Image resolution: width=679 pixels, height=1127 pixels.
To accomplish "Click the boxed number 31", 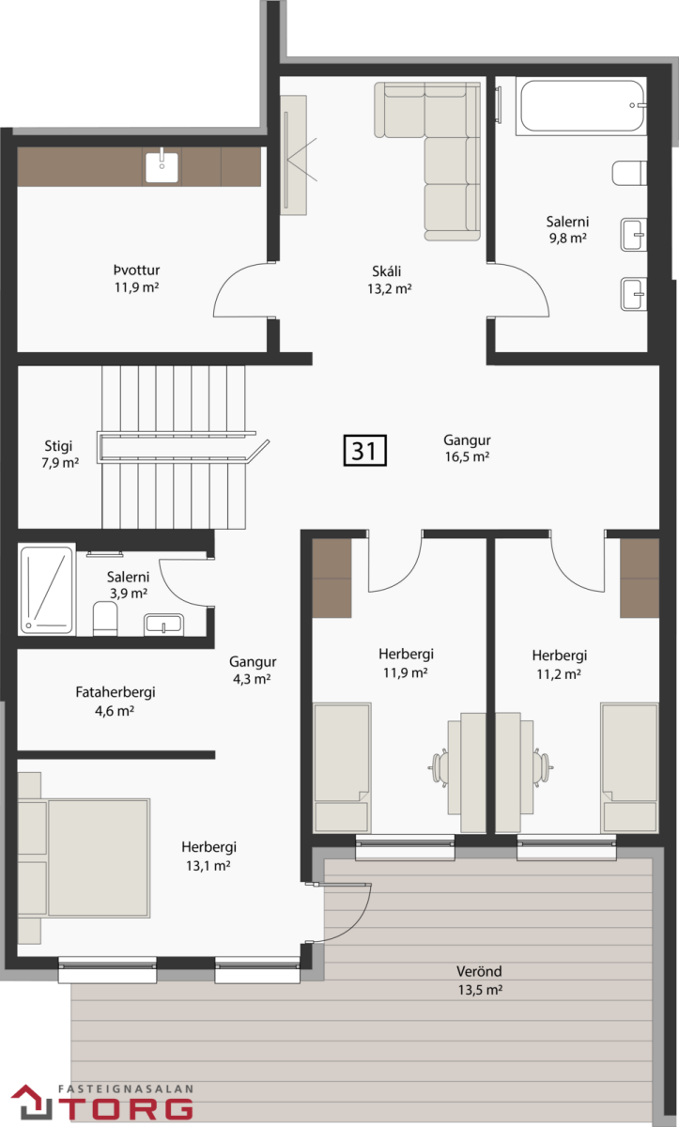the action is [364, 450].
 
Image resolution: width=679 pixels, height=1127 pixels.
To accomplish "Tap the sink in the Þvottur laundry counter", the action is [162, 167].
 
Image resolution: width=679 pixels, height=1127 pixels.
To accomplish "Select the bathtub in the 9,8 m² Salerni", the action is [581, 106].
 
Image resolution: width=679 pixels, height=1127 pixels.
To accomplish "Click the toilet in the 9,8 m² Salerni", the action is [629, 173].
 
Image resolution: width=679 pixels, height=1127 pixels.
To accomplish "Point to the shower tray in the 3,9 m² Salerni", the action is [47, 589].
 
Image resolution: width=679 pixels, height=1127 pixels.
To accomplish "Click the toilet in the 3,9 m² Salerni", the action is [105, 619].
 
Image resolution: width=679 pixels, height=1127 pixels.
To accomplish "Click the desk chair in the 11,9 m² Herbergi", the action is [439, 767].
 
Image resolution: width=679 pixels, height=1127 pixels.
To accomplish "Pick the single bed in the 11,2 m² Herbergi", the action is [629, 767].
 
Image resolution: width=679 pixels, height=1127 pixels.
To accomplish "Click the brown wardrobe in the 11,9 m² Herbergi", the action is [332, 579].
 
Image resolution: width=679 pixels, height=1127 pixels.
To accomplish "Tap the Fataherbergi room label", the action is [116, 692].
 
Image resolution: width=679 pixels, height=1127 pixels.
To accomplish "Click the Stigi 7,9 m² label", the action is [59, 454].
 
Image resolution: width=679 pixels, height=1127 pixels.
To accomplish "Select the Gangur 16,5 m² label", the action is [467, 448].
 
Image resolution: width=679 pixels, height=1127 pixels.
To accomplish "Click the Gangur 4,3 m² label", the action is [253, 671].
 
